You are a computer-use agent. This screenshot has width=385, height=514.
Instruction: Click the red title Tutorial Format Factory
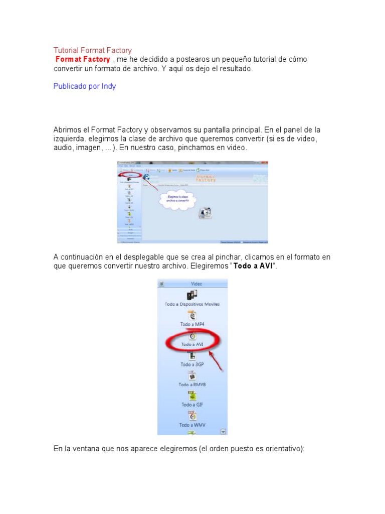(92, 50)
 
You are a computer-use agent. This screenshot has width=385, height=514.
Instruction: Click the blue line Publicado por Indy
(84, 86)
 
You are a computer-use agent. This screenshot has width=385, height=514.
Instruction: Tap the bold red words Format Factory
(82, 59)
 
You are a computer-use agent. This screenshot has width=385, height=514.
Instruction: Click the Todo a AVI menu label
(192, 345)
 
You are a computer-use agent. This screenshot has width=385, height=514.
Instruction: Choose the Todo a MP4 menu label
(192, 324)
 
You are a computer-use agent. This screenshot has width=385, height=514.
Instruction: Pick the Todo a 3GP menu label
(192, 364)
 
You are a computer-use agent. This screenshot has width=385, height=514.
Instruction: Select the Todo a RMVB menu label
(192, 384)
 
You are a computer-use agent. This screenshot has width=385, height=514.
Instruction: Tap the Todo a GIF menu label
(192, 405)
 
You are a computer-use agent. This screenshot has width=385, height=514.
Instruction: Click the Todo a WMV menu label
(192, 425)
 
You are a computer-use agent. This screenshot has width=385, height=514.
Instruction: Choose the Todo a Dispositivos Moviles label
(192, 304)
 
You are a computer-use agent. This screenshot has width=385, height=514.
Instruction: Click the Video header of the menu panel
(197, 284)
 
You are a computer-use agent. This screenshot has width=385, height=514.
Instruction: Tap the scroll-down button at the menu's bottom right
(224, 431)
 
